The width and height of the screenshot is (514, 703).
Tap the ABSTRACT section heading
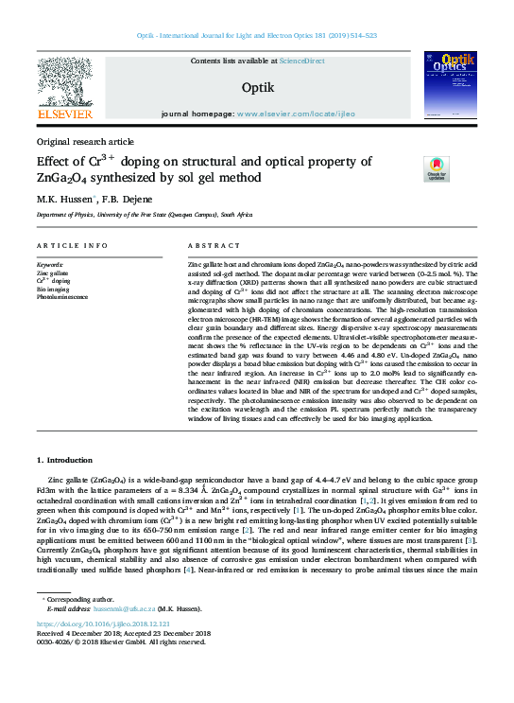pos(207,246)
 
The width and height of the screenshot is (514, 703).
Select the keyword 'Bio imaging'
pos(53,290)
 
